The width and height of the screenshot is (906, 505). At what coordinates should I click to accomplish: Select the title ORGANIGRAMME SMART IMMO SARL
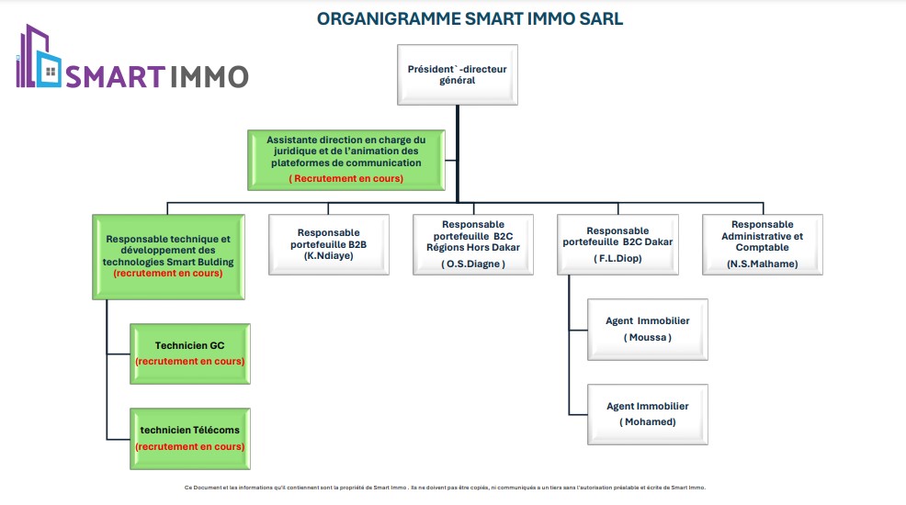[x=470, y=19]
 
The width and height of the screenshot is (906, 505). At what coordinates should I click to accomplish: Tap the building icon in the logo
[x=38, y=58]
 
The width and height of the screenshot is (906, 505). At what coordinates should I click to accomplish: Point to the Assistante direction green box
[x=345, y=159]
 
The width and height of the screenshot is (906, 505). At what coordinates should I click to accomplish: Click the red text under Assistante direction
[x=345, y=178]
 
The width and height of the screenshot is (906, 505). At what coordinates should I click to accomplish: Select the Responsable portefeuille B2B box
[x=329, y=244]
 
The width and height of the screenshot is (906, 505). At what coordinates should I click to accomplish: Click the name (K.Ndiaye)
[x=329, y=256]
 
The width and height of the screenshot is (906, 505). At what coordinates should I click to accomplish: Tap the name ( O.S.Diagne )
[x=473, y=264]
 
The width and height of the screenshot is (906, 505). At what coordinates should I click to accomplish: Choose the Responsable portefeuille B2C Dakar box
[x=617, y=244]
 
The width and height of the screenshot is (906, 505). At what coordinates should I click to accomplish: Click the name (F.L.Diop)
[x=617, y=259]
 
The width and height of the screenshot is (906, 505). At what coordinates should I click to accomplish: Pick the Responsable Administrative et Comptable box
[x=762, y=244]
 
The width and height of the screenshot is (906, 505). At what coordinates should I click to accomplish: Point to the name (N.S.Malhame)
[x=762, y=264]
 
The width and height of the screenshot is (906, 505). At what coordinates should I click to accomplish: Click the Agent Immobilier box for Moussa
[x=647, y=329]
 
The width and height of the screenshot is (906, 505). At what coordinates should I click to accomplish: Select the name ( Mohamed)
[x=647, y=421]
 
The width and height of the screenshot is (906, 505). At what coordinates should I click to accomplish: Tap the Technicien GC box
[x=190, y=353]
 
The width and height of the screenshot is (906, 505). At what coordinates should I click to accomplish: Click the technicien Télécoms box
[x=190, y=438]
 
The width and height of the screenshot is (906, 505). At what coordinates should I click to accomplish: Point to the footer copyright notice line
[x=445, y=488]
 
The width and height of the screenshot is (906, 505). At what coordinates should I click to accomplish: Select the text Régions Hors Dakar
[x=473, y=247]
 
